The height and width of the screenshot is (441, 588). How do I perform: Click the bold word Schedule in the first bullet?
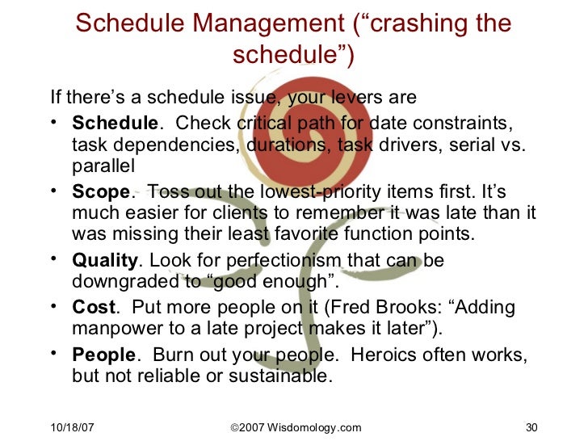click(x=115, y=124)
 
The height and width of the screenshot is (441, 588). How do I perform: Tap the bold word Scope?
click(x=100, y=193)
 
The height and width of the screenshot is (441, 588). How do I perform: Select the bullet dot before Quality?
click(x=54, y=260)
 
